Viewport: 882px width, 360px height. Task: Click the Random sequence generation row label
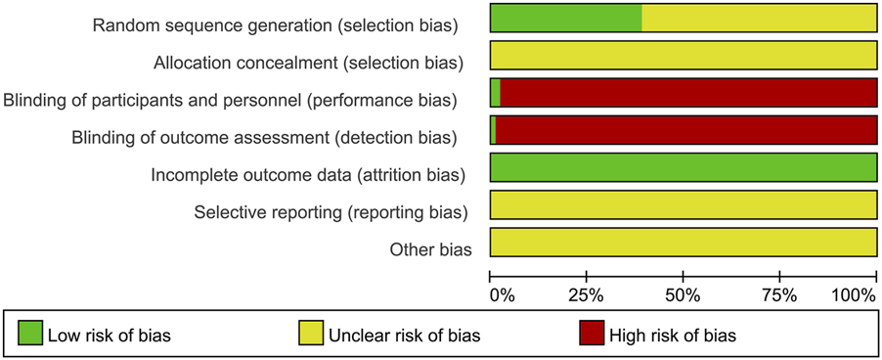coord(277,24)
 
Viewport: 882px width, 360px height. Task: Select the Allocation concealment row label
coord(307,63)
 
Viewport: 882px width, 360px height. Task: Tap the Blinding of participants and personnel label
coord(230,100)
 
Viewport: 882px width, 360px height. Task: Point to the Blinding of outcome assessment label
coord(264,137)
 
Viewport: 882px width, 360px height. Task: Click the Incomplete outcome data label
coord(306,174)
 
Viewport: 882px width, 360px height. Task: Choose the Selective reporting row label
coord(331,211)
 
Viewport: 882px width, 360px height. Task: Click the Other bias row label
coord(430,248)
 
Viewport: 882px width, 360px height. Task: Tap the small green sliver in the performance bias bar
coord(495,93)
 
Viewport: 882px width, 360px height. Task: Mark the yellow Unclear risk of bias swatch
coord(311,335)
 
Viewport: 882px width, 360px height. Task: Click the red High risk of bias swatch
coord(590,335)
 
